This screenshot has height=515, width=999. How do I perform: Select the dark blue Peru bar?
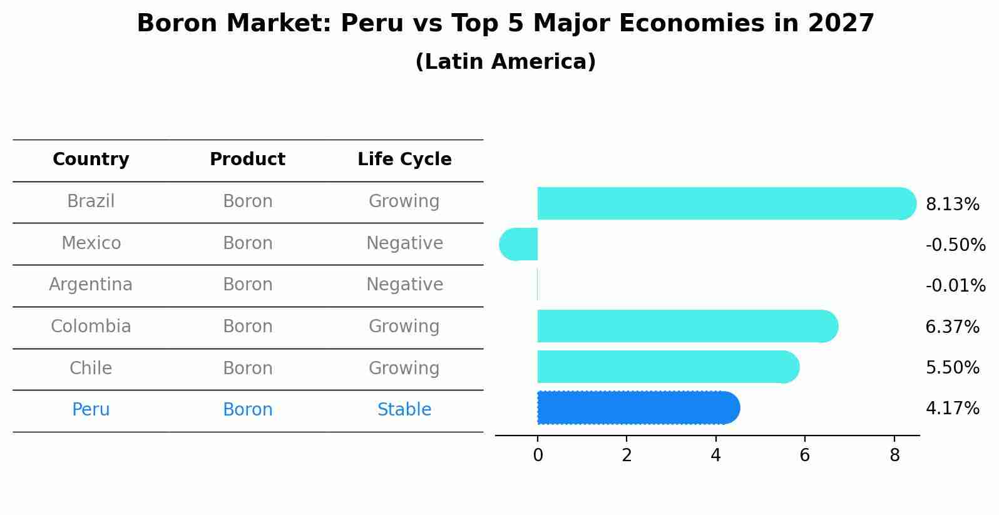(638, 408)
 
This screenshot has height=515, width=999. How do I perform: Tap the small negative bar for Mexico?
(519, 244)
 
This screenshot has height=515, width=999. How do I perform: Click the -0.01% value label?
(955, 286)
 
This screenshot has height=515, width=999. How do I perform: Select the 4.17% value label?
(952, 409)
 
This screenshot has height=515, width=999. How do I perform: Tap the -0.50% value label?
(955, 245)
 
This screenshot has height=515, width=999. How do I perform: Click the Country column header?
(91, 160)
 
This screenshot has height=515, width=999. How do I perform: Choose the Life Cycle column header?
(404, 160)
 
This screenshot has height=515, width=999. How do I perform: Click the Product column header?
(247, 160)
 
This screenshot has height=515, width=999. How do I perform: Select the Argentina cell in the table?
(91, 285)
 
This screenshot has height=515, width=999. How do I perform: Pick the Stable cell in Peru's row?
(404, 410)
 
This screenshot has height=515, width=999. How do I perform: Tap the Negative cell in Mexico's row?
(404, 243)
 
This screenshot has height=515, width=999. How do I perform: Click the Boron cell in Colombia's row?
(247, 327)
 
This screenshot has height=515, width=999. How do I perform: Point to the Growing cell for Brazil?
(404, 201)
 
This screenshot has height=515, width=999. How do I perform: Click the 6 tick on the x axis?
(805, 456)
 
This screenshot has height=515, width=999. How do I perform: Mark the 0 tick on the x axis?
(538, 456)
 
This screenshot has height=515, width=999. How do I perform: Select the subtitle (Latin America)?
(505, 62)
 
